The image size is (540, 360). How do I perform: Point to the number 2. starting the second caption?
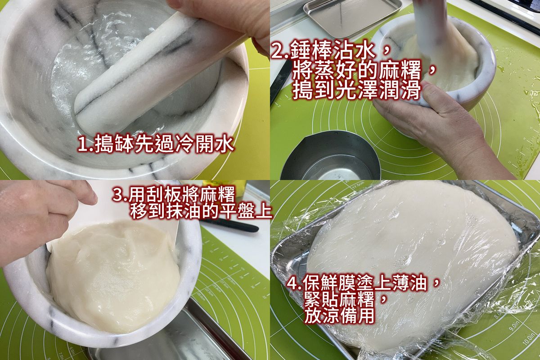280,51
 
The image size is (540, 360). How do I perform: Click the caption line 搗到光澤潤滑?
356,90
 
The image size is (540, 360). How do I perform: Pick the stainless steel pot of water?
331,156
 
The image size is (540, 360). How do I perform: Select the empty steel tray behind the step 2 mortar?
352,18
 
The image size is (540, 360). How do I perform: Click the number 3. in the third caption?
120,195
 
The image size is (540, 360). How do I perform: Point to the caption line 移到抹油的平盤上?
201,211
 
